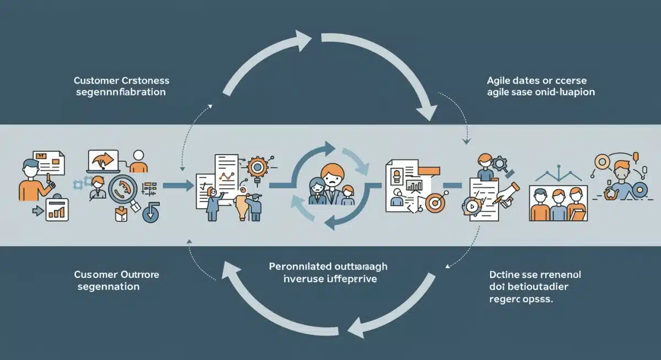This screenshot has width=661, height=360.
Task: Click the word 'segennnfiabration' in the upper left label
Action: click(120, 92)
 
